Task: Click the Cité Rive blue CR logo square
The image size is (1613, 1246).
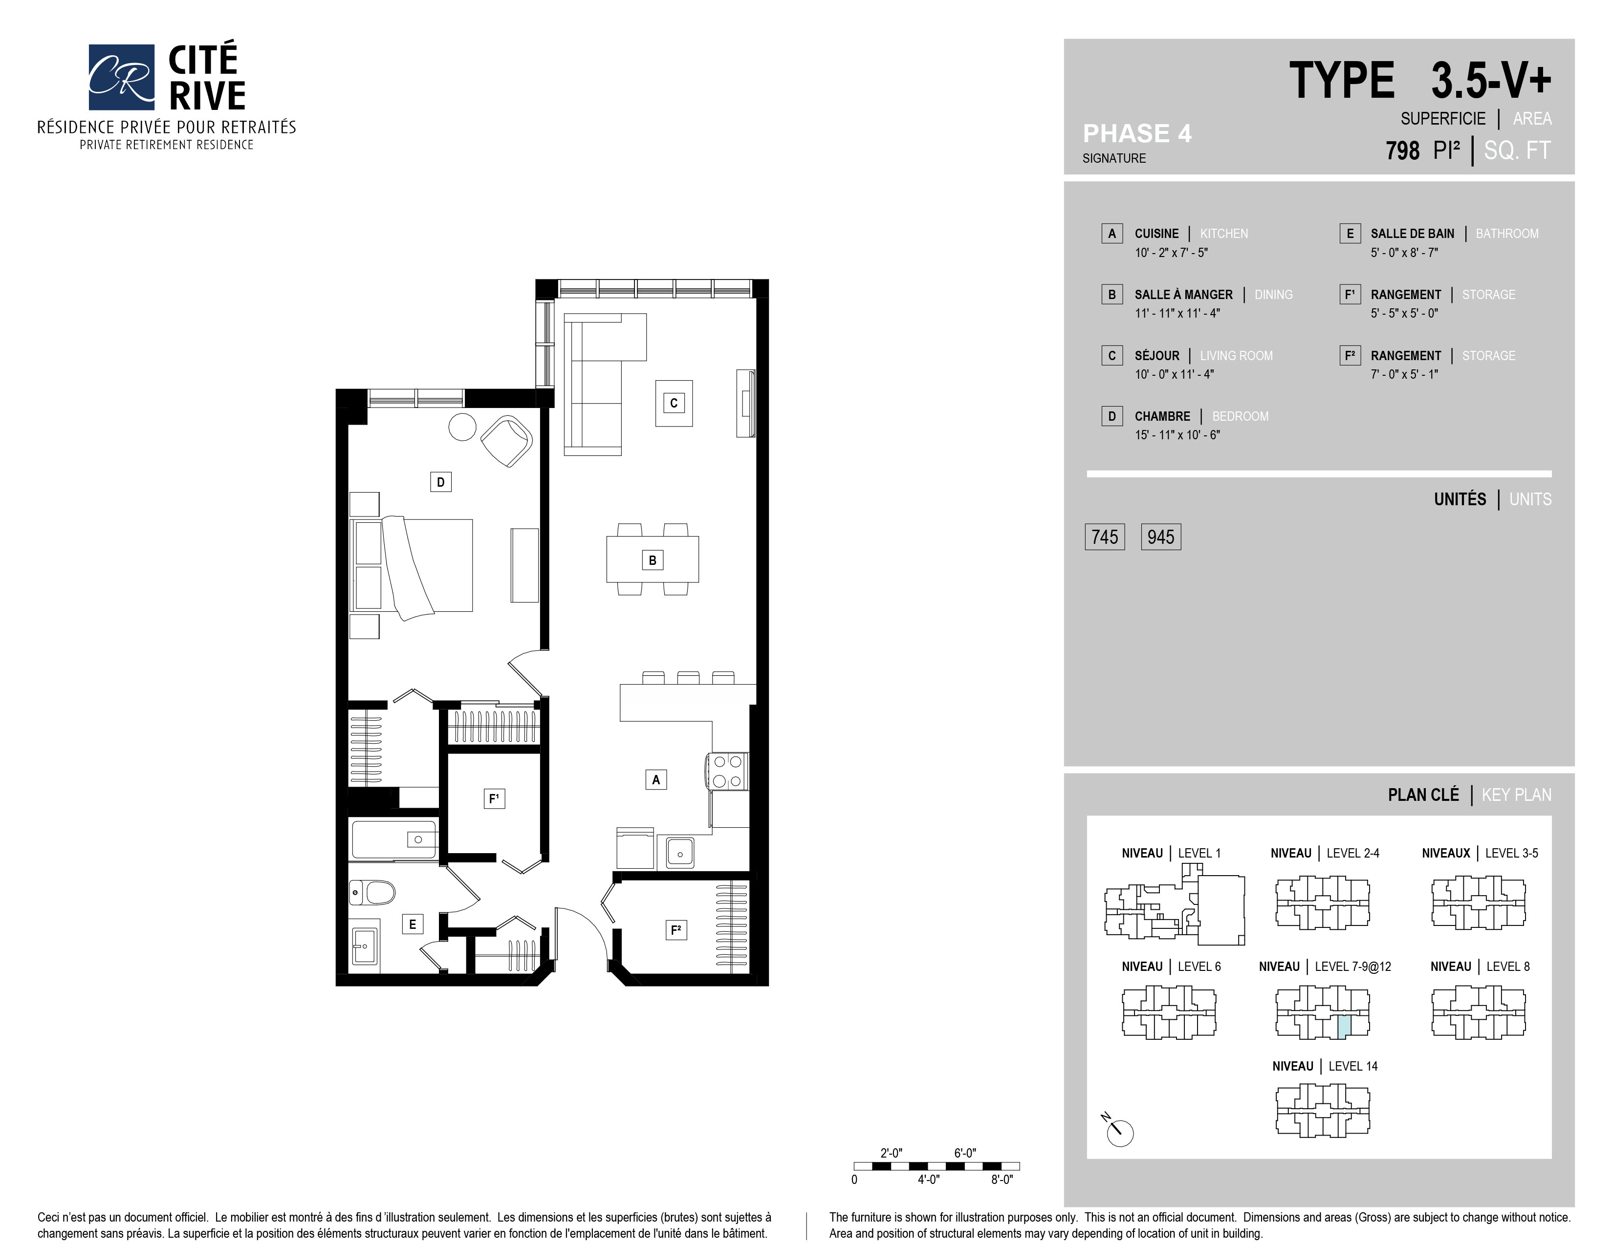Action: [121, 77]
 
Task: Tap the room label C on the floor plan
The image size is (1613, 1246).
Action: [674, 403]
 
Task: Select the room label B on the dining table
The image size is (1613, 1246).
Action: [652, 560]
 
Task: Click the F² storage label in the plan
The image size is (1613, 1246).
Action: [675, 930]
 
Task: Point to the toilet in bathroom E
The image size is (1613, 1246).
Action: [374, 893]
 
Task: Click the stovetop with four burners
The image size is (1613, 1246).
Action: [727, 772]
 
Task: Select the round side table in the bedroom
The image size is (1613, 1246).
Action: [462, 427]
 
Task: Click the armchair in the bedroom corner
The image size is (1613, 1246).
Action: [507, 441]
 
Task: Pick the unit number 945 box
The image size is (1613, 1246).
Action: [1160, 537]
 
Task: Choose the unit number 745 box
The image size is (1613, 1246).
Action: [1104, 537]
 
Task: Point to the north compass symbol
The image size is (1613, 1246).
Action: [1118, 1130]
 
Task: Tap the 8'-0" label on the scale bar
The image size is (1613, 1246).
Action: [1002, 1180]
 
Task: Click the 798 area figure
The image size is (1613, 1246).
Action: [1402, 150]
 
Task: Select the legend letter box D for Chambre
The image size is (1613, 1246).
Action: [1112, 416]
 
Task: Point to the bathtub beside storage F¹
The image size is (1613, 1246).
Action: [393, 839]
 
